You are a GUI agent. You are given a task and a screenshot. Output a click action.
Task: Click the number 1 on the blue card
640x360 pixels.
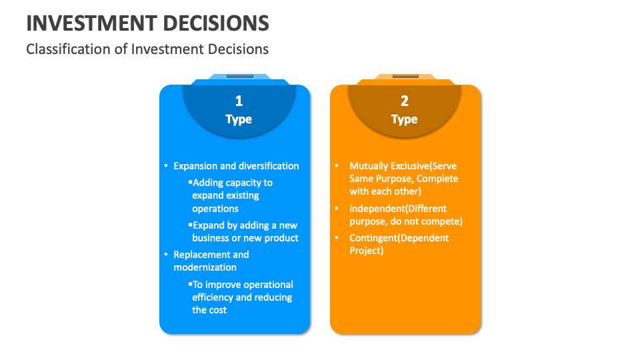tap(239, 101)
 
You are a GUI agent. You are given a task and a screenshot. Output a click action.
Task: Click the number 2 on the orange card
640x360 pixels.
tap(404, 101)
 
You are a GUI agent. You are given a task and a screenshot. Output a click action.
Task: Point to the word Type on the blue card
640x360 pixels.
tap(239, 119)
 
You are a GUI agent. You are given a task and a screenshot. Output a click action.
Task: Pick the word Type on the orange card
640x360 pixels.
tap(404, 119)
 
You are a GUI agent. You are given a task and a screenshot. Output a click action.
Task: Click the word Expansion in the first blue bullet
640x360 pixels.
tap(195, 166)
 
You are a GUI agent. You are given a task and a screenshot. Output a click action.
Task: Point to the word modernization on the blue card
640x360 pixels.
tap(205, 267)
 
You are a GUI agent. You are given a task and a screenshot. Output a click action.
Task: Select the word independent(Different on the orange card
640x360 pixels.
tap(398, 209)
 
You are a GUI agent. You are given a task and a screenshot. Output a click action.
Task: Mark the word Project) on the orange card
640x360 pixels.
tap(367, 251)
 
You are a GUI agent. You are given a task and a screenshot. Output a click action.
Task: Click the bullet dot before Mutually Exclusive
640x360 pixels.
tap(337, 166)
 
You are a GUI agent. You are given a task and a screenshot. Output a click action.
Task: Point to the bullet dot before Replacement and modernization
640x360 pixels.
tap(165, 255)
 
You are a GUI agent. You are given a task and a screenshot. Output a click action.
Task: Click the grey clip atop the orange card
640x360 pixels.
tap(405, 75)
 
